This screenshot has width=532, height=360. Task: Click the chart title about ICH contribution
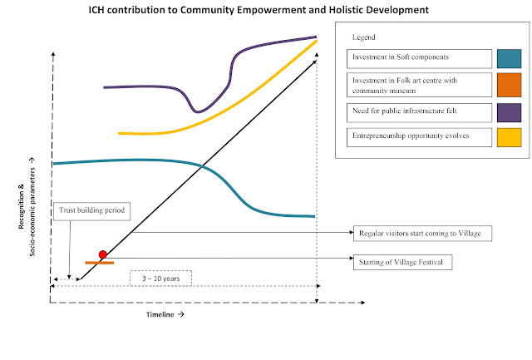pyautogui.click(x=264, y=10)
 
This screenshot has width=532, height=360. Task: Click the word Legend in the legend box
pyautogui.click(x=364, y=37)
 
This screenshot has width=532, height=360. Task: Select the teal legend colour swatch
pyautogui.click(x=508, y=58)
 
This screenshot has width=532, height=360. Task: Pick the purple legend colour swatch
pyautogui.click(x=508, y=111)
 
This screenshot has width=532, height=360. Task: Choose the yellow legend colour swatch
pyautogui.click(x=508, y=136)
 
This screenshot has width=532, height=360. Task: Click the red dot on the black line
pyautogui.click(x=103, y=254)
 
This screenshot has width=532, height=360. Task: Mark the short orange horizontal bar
pyautogui.click(x=99, y=263)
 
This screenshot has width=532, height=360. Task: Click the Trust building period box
pyautogui.click(x=91, y=211)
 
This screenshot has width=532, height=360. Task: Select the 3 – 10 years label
pyautogui.click(x=160, y=278)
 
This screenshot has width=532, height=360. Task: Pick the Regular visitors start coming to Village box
pyautogui.click(x=422, y=233)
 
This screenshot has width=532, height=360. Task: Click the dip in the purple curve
pyautogui.click(x=197, y=111)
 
